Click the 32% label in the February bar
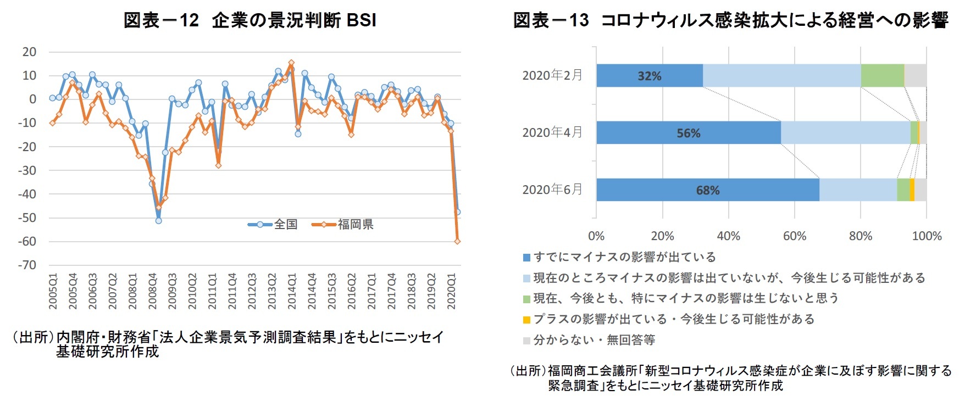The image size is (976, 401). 649,76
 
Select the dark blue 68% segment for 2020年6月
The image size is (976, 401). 707,190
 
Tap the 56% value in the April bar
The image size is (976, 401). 688,133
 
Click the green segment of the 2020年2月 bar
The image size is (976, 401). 882,76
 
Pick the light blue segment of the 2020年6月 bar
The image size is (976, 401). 858,190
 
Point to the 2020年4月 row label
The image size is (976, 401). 552,132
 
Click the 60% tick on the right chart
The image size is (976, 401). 794,236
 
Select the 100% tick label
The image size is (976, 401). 927,236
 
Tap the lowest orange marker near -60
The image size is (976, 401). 457,241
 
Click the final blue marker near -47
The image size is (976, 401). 457,212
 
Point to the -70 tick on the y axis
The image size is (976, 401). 27,265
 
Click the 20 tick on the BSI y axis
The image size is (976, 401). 29,52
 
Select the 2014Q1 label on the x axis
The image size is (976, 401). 292,291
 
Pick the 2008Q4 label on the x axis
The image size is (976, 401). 152,291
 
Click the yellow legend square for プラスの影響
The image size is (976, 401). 526,320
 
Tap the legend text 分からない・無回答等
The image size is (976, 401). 594,340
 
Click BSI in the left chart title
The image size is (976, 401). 362,20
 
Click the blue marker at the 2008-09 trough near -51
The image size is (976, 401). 158,220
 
